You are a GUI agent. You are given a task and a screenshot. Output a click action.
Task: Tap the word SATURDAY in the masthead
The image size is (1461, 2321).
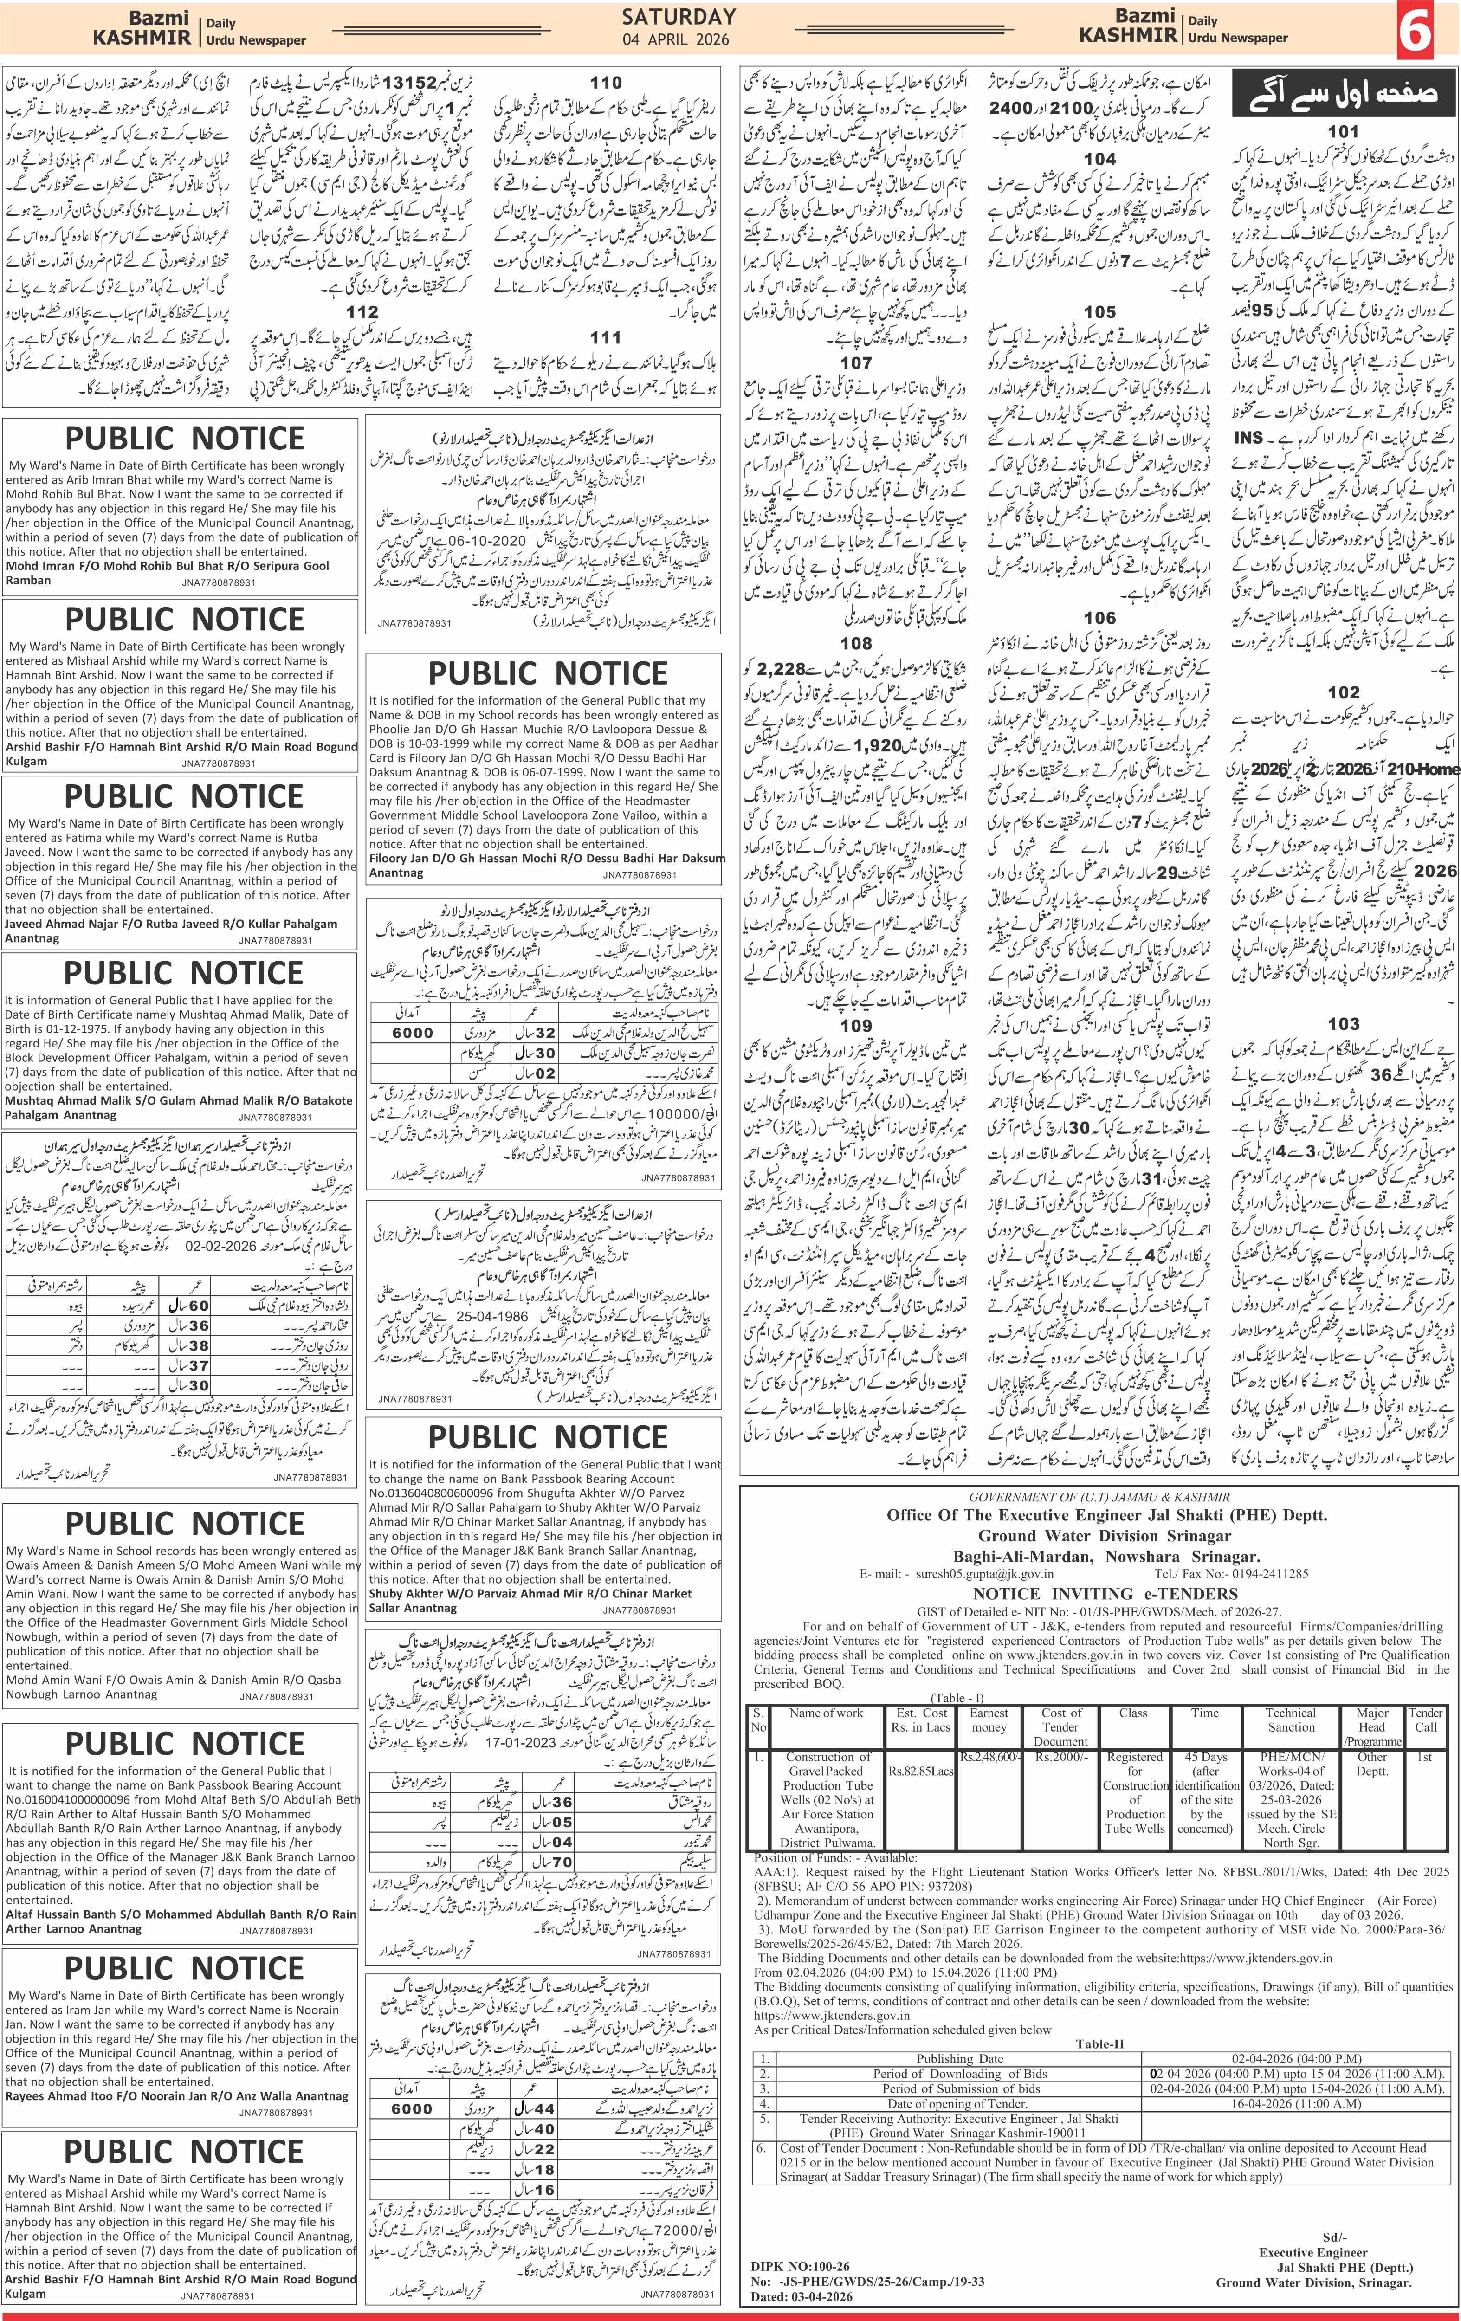click(679, 16)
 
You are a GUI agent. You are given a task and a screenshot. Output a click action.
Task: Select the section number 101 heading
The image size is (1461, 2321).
click(1343, 131)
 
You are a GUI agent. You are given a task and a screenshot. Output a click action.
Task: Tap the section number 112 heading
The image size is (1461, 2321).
click(362, 311)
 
